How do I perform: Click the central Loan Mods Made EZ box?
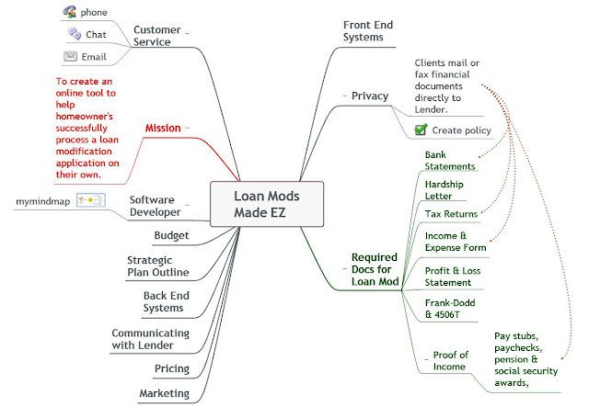pos(267,204)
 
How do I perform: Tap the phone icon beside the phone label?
pos(70,12)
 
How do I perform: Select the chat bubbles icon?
pos(75,34)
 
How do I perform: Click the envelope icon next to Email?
pos(70,56)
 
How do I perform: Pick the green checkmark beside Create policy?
pos(421,130)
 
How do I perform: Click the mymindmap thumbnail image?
pos(91,200)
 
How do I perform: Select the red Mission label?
pos(163,129)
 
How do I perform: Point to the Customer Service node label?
pos(157,36)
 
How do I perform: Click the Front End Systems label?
pos(368,31)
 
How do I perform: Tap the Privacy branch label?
pos(370,96)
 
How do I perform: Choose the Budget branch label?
pos(171,235)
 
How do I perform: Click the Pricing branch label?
pos(172,369)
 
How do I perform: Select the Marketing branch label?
pos(164,393)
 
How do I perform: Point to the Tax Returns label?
pos(451,214)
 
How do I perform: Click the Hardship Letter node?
pos(444,190)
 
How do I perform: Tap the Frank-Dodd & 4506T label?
pos(450,309)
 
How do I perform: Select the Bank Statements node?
pos(450,161)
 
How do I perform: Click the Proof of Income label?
pos(450,361)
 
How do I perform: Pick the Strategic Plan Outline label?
pos(157,266)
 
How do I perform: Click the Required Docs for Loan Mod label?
pos(375,269)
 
